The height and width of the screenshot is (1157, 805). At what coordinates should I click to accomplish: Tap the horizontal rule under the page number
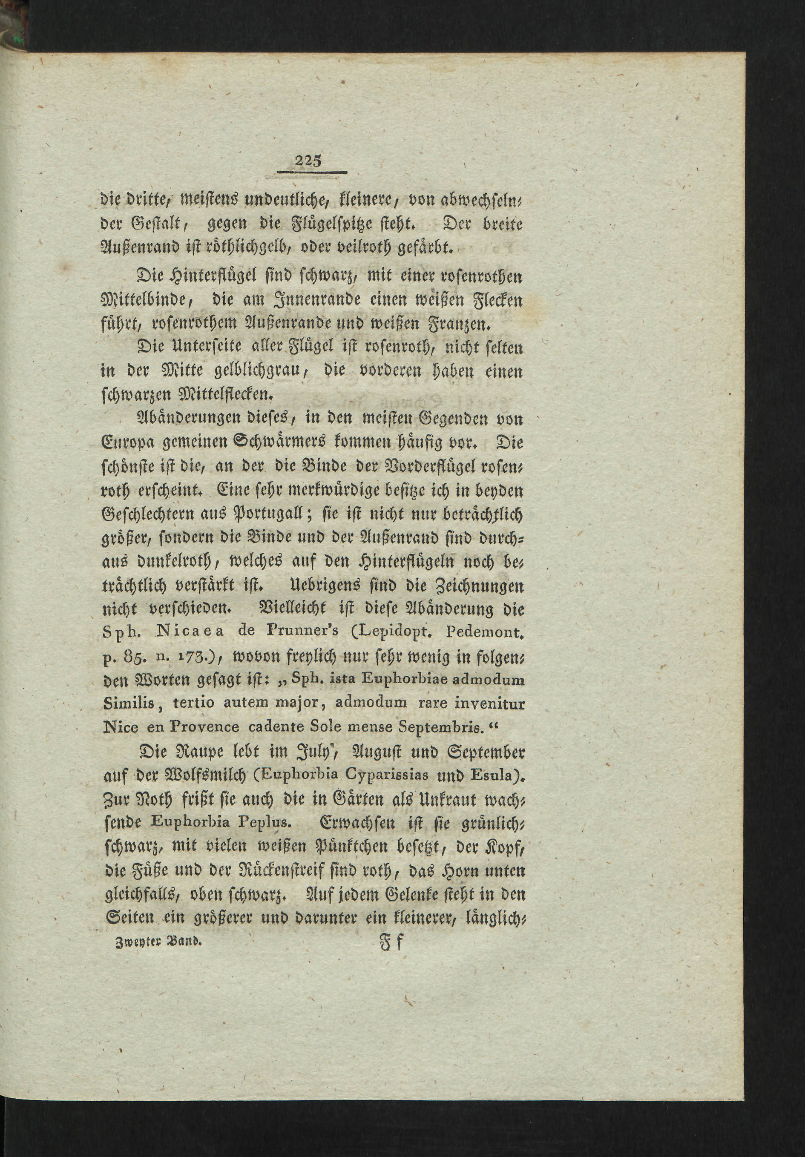tap(312, 173)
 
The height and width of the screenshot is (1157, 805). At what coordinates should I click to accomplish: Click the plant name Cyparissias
tap(392, 775)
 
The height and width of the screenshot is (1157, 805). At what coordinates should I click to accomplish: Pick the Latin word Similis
tap(129, 703)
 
